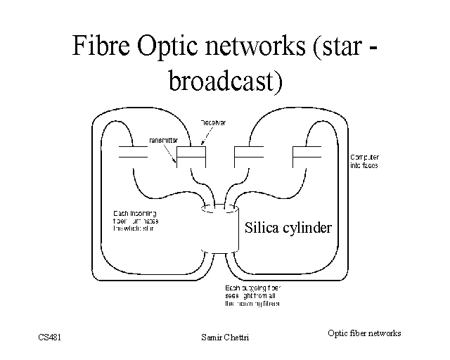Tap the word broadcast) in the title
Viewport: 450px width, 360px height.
click(x=225, y=81)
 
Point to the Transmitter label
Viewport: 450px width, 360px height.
click(x=163, y=139)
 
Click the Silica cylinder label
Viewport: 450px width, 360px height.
click(x=288, y=228)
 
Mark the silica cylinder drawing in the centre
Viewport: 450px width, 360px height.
click(x=219, y=229)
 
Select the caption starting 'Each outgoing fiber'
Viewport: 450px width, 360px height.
click(x=252, y=296)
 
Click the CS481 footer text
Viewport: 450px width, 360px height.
click(x=51, y=337)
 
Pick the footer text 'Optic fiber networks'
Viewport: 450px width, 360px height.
click(x=364, y=333)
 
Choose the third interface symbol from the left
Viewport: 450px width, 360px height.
click(x=248, y=153)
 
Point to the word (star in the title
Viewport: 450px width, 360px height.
click(x=335, y=47)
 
